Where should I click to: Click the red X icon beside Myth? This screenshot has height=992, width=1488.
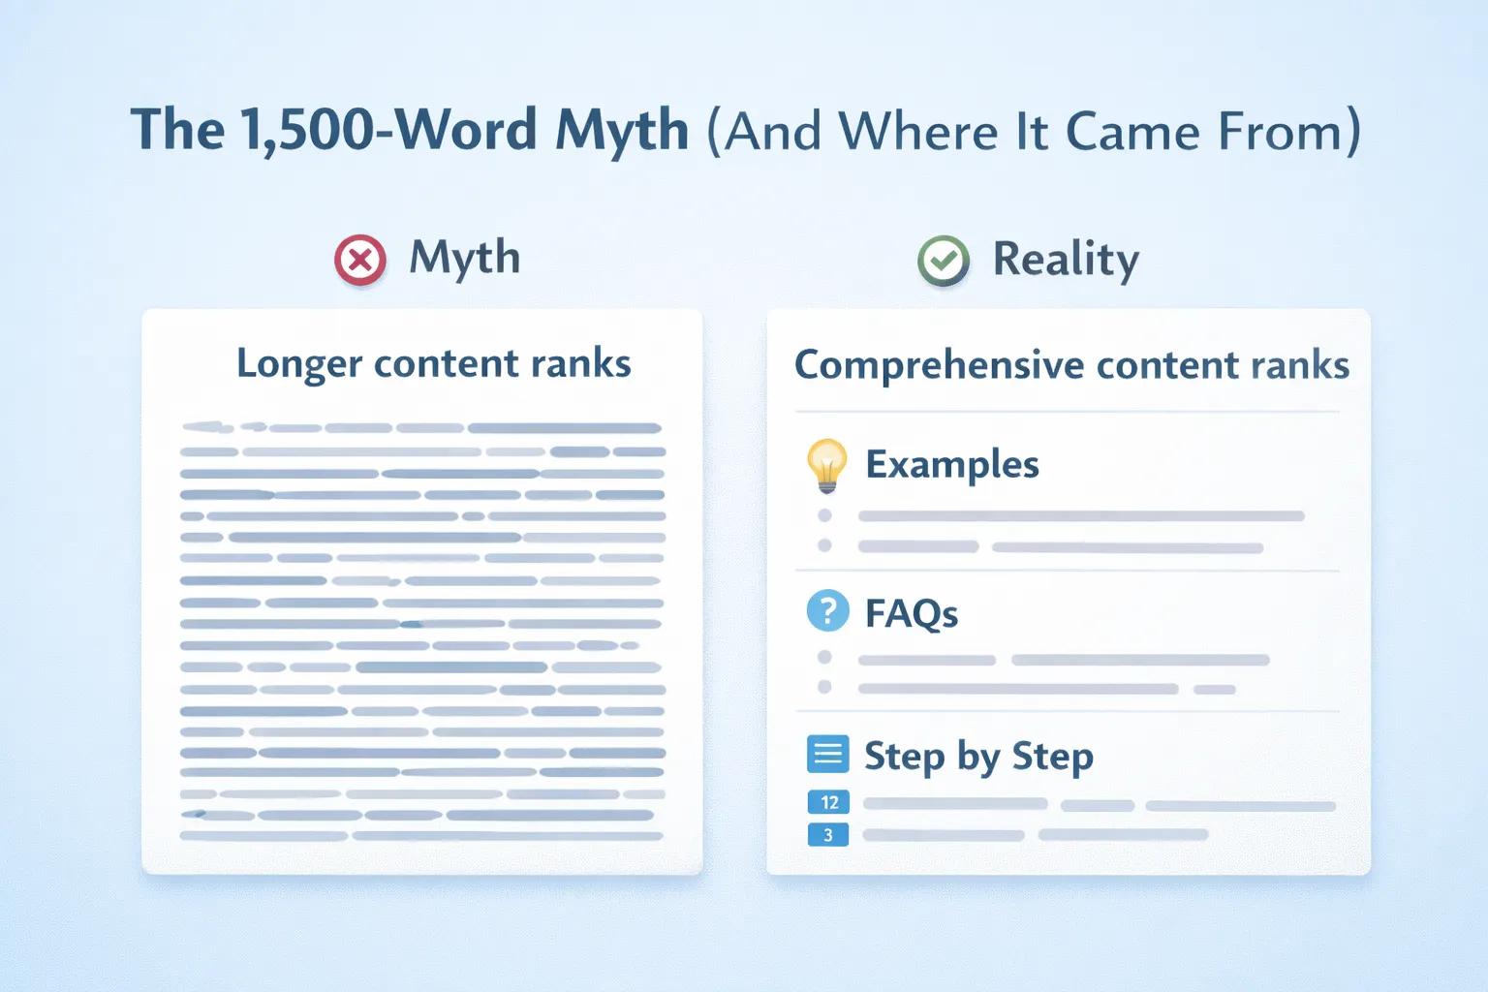click(x=360, y=261)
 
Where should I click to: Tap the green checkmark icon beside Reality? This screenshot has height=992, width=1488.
click(x=944, y=261)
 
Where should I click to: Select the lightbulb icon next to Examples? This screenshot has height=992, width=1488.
click(x=826, y=465)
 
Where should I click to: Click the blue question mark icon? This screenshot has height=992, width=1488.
click(x=827, y=611)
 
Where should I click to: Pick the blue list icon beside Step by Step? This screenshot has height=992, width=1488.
click(x=827, y=754)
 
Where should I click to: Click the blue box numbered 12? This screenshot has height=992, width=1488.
click(x=829, y=802)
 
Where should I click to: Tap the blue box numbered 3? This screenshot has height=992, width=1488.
click(x=828, y=835)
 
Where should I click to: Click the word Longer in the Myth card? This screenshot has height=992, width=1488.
click(x=299, y=365)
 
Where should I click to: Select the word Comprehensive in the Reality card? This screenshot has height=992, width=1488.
click(x=939, y=366)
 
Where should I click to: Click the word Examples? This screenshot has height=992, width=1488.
click(x=951, y=465)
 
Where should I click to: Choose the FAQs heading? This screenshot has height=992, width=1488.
click(x=911, y=613)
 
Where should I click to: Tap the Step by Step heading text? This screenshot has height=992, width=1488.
click(x=978, y=757)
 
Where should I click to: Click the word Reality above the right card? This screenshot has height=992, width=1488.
click(x=1066, y=260)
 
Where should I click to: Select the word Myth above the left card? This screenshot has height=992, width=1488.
click(x=464, y=259)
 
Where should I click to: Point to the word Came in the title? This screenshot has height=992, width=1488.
click(x=1131, y=132)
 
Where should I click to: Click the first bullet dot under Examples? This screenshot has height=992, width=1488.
click(x=824, y=515)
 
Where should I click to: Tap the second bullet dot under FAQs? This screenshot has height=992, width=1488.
click(x=824, y=687)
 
